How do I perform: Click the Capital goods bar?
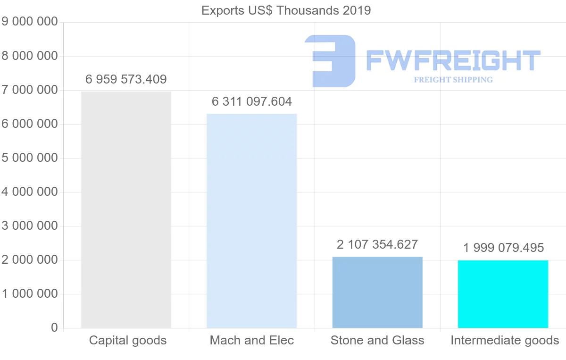pyautogui.click(x=126, y=209)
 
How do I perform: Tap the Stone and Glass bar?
pyautogui.click(x=377, y=292)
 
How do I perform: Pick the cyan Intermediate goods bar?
pyautogui.click(x=503, y=294)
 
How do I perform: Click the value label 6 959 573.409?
pyautogui.click(x=126, y=79)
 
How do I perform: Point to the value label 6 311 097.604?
pyautogui.click(x=252, y=101)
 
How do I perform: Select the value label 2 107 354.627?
pyautogui.click(x=377, y=244)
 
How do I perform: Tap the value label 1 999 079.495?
pyautogui.click(x=503, y=247)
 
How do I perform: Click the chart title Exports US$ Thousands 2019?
pyautogui.click(x=286, y=10)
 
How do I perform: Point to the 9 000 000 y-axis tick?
pyautogui.click(x=29, y=22)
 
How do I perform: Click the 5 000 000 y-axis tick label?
pyautogui.click(x=29, y=158)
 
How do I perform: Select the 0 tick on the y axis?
pyautogui.click(x=54, y=328)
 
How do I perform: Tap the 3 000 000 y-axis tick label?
pyautogui.click(x=29, y=226)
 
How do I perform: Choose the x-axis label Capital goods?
pyautogui.click(x=128, y=340)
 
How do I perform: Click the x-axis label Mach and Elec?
pyautogui.click(x=252, y=340)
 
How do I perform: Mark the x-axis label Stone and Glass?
pyautogui.click(x=377, y=340)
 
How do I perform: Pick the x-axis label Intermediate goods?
pyautogui.click(x=505, y=340)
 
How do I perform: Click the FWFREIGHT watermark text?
pyautogui.click(x=453, y=61)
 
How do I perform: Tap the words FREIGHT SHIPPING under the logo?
pyautogui.click(x=453, y=80)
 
